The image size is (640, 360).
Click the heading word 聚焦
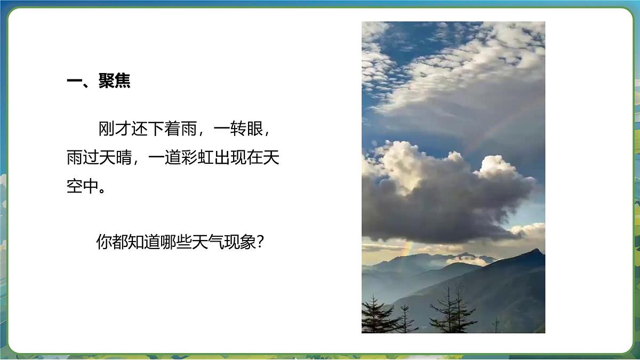[114, 81]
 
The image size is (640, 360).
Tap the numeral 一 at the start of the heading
[74, 81]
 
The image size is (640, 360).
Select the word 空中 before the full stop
[83, 188]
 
